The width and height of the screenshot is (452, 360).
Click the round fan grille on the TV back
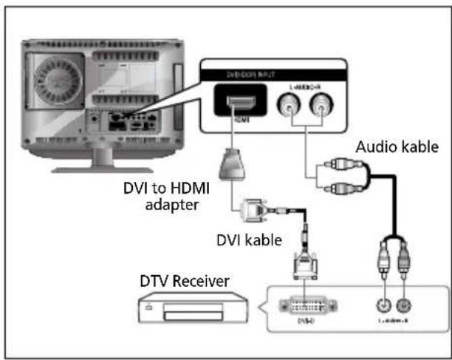(56, 78)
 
